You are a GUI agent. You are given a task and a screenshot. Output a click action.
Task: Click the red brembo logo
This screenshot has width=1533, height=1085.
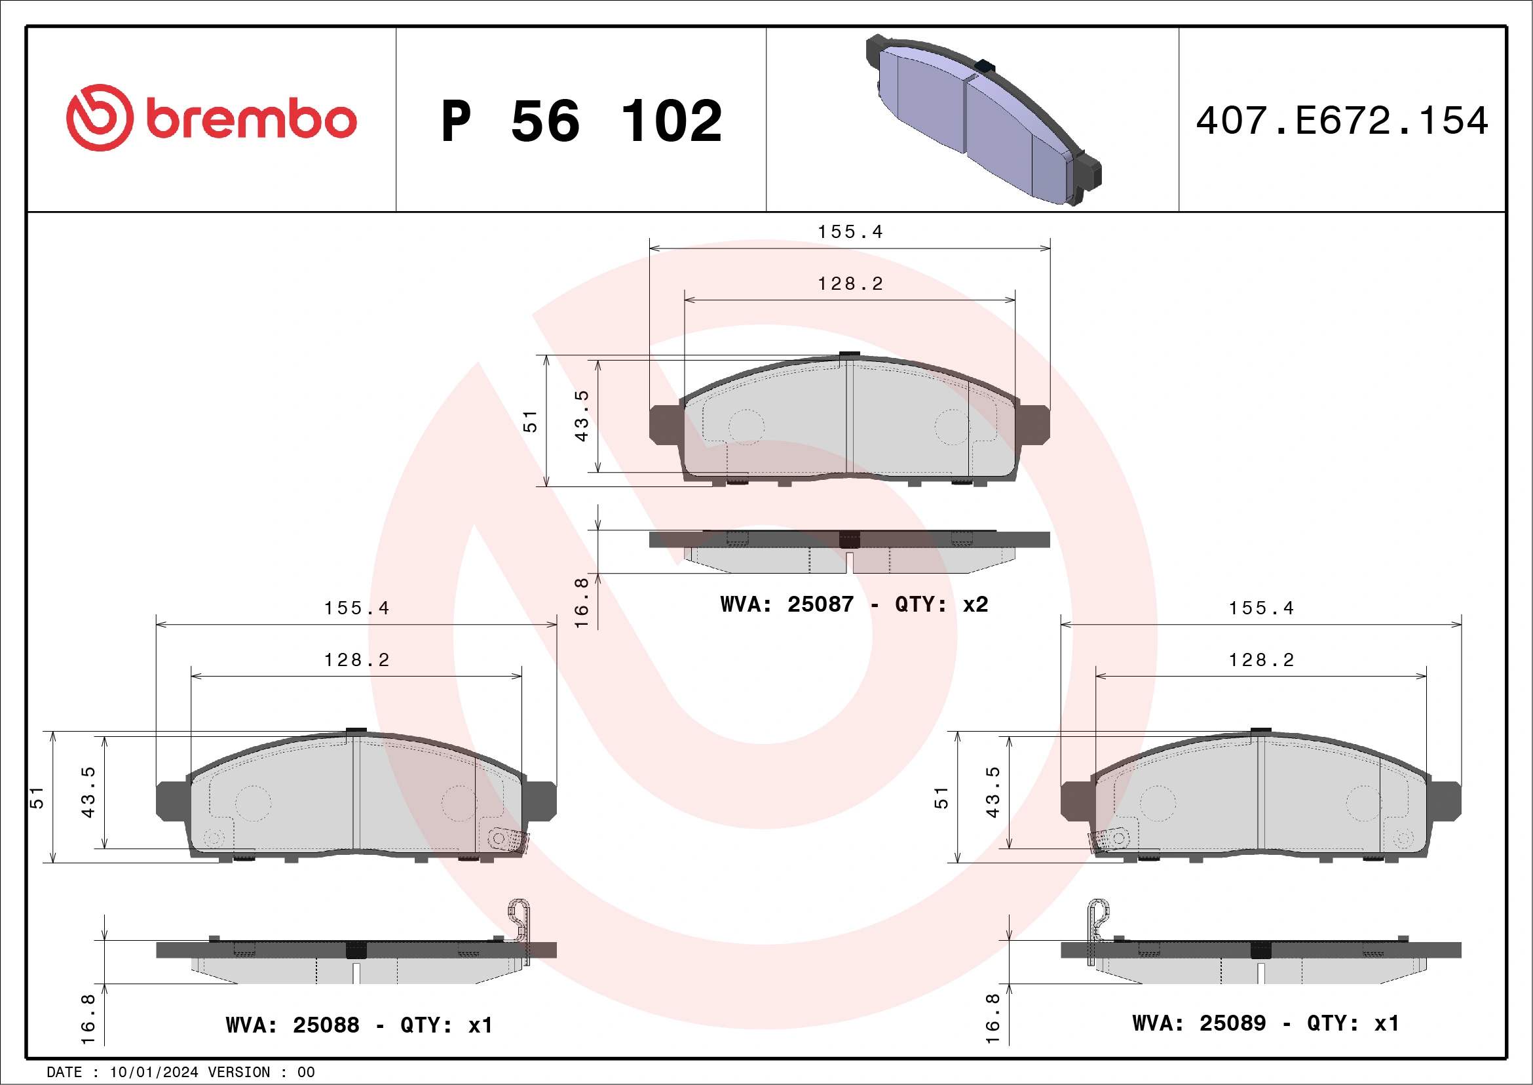[x=211, y=118]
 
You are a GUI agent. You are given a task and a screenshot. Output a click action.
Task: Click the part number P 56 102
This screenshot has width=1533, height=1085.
[x=581, y=121]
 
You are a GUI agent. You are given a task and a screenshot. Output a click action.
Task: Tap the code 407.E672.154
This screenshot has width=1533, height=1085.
[x=1342, y=121]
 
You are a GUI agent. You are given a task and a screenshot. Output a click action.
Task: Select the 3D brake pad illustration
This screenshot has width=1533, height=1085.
[x=981, y=119]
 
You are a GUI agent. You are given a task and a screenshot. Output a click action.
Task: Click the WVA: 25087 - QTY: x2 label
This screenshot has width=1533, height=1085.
[x=853, y=604]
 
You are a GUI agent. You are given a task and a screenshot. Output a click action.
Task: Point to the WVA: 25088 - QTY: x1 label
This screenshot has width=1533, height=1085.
[x=359, y=1024]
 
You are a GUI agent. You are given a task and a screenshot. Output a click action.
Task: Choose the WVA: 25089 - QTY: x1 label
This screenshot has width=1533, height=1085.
[x=1265, y=1022]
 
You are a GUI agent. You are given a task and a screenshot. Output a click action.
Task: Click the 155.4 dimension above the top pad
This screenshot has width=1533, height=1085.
[x=850, y=232]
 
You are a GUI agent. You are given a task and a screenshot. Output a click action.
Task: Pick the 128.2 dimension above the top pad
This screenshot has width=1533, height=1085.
[x=850, y=284]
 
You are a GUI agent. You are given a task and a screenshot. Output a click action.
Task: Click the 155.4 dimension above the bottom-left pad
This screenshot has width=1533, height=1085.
[x=356, y=608]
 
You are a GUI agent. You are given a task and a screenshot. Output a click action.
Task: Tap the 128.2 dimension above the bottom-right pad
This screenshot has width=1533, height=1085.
[x=1261, y=660]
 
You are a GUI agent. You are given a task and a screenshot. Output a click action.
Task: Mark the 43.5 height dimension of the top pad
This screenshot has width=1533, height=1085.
[x=582, y=416]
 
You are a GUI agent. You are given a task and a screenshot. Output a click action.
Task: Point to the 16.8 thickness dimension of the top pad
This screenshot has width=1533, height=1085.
[x=582, y=601]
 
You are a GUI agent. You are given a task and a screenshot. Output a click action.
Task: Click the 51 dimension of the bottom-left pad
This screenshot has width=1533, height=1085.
[x=37, y=797]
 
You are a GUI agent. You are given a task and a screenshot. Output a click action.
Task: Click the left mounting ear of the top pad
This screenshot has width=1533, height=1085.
[x=665, y=424]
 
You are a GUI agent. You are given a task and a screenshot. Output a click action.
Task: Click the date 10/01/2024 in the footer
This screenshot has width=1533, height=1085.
[x=153, y=1073]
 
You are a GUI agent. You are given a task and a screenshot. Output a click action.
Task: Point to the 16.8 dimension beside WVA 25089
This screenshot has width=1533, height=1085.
[x=993, y=1019]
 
